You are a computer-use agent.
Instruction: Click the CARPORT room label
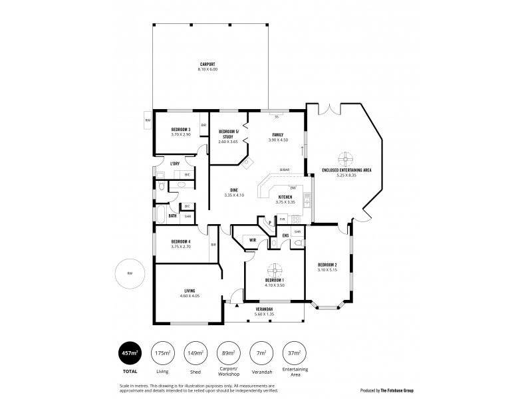208,64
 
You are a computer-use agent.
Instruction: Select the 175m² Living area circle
161,352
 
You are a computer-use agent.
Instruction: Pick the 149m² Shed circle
195,352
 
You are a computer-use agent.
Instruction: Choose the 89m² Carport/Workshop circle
228,352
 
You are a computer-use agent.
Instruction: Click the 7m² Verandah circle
261,352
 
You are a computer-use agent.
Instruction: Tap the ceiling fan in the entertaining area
346,160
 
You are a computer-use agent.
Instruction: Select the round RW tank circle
130,274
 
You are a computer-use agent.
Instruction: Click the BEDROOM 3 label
181,129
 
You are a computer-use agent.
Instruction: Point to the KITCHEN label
285,198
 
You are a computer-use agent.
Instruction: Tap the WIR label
253,240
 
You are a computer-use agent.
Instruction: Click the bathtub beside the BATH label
160,214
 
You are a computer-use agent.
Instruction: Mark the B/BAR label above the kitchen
284,170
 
